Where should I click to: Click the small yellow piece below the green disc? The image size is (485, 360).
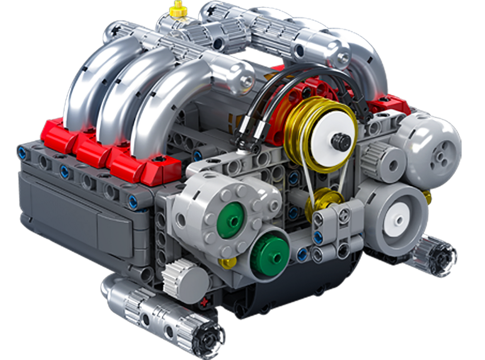point(228,263)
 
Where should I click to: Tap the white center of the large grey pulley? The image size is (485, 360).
point(397,219)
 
